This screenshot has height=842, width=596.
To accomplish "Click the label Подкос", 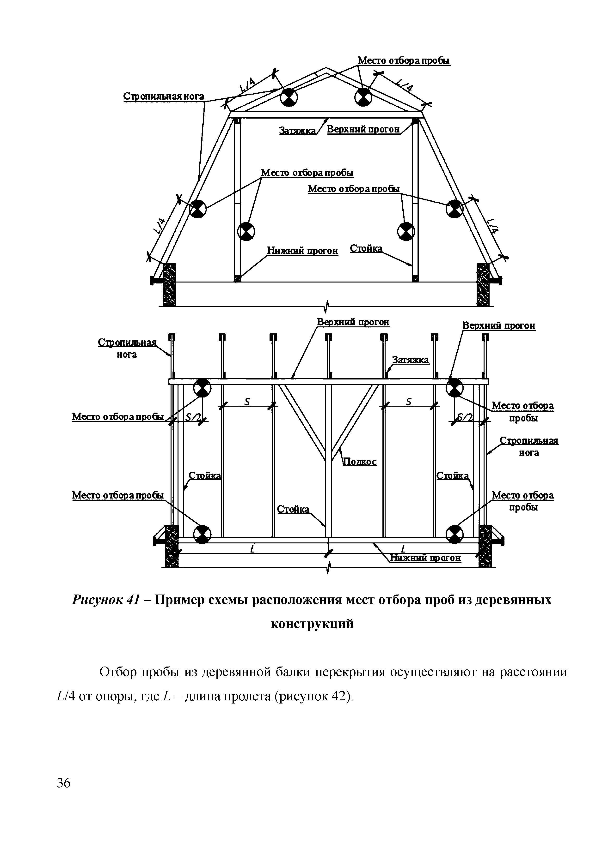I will [360, 462].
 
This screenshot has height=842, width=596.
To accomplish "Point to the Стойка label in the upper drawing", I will [366, 249].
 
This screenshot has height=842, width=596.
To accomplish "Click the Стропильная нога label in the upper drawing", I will [164, 96].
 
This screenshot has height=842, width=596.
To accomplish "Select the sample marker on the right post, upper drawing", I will [406, 231].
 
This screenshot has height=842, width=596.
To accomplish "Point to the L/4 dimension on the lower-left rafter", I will [159, 226].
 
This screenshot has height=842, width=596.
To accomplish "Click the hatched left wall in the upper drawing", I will [169, 285].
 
